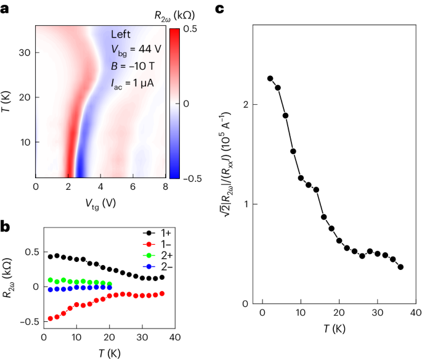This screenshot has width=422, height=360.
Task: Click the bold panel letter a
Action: pyautogui.click(x=5, y=8)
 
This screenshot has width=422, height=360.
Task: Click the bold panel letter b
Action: pyautogui.click(x=6, y=226)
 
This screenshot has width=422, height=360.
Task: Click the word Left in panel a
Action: pyautogui.click(x=121, y=35)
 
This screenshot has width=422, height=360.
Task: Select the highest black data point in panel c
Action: pyautogui.click(x=270, y=78)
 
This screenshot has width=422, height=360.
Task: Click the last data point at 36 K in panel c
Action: pyautogui.click(x=400, y=267)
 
